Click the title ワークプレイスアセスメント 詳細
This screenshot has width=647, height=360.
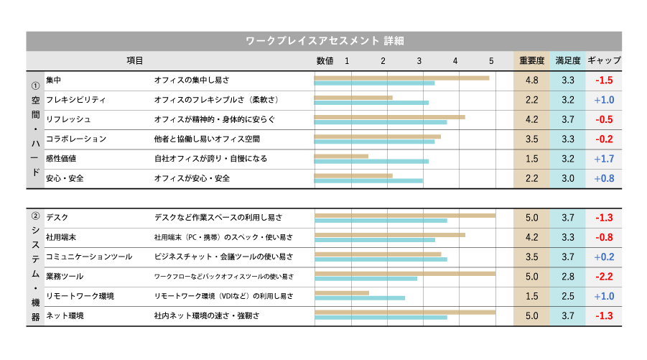pyautogui.click(x=324, y=41)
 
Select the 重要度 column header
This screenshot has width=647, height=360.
pyautogui.click(x=531, y=61)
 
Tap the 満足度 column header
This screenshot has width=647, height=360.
pyautogui.click(x=567, y=61)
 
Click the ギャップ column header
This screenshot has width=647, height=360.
pyautogui.click(x=604, y=61)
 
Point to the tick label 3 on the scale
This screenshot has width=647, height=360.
pyautogui.click(x=419, y=61)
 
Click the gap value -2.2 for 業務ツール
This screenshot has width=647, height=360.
pyautogui.click(x=604, y=277)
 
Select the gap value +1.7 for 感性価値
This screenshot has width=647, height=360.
pyautogui.click(x=604, y=159)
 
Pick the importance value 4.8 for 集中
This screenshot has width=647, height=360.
pyautogui.click(x=531, y=80)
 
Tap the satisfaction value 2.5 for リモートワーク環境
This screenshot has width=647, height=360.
pyautogui.click(x=567, y=296)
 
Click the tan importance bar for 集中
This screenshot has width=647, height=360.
pyautogui.click(x=401, y=78)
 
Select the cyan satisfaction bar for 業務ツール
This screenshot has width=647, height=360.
pyautogui.click(x=366, y=279)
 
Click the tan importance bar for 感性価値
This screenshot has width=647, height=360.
pyautogui.click(x=341, y=156)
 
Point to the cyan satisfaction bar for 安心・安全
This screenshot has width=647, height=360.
pyautogui.click(x=368, y=181)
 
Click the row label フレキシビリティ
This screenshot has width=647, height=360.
pyautogui.click(x=75, y=100)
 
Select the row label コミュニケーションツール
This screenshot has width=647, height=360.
pyautogui.click(x=88, y=257)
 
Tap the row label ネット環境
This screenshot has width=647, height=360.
pyautogui.click(x=65, y=315)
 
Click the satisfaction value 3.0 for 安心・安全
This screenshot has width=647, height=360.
pyautogui.click(x=567, y=178)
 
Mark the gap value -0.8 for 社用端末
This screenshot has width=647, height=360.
pyautogui.click(x=604, y=237)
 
